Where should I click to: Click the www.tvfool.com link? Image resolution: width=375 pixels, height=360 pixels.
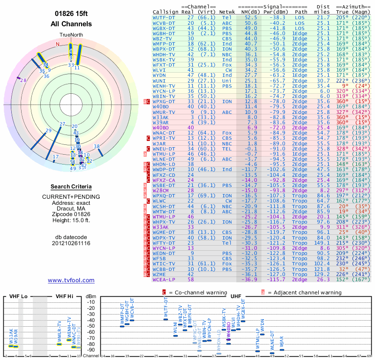pyautogui.click(x=71, y=280)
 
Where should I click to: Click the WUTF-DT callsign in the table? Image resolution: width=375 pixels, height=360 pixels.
pyautogui.click(x=165, y=17)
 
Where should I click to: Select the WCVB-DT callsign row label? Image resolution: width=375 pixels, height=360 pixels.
pyautogui.click(x=165, y=22)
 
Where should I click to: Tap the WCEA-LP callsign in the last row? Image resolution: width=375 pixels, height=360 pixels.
pyautogui.click(x=165, y=279)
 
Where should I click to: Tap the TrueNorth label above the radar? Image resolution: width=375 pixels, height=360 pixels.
pyautogui.click(x=71, y=35)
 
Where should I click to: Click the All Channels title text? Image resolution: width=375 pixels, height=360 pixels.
pyautogui.click(x=71, y=24)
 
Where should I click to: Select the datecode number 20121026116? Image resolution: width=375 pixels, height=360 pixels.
pyautogui.click(x=71, y=243)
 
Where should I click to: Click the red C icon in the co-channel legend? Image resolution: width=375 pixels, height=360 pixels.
pyautogui.click(x=164, y=292)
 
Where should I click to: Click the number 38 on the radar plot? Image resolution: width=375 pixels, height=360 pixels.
pyautogui.click(x=97, y=147)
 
